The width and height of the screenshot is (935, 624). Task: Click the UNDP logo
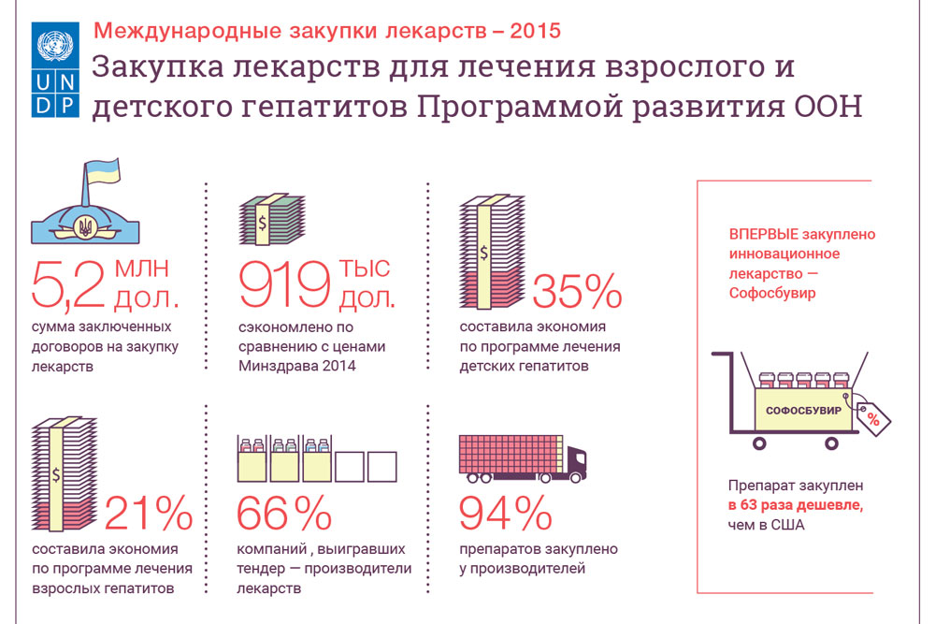[x=55, y=69]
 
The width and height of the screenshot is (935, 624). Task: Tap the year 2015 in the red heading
[x=535, y=31]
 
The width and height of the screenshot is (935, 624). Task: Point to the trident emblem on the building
[x=85, y=226]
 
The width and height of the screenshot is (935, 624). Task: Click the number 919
[x=284, y=284]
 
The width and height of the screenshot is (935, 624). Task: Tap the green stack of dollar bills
[x=271, y=219]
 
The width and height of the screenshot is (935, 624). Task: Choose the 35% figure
[x=577, y=292]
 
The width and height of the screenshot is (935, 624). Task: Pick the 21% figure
[x=149, y=513]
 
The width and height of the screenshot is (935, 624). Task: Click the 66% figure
[x=284, y=513]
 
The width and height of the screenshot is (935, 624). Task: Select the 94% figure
[x=506, y=513]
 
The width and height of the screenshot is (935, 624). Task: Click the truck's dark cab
[x=575, y=462]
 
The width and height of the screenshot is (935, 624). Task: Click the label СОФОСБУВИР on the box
[x=803, y=411]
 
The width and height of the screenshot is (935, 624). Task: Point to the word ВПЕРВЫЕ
[x=764, y=235]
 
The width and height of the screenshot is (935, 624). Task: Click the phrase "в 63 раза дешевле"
[x=796, y=505]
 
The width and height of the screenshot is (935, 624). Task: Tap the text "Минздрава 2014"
[x=297, y=366]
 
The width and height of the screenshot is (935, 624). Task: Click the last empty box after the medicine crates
[x=382, y=467]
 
